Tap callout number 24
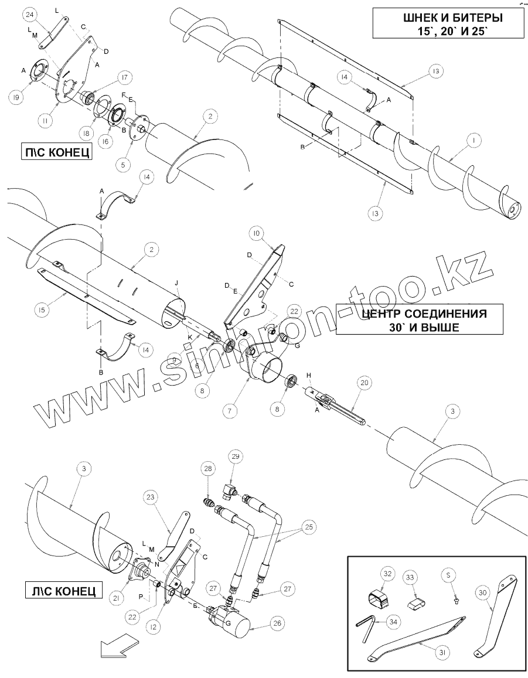32,13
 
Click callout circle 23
151,498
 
